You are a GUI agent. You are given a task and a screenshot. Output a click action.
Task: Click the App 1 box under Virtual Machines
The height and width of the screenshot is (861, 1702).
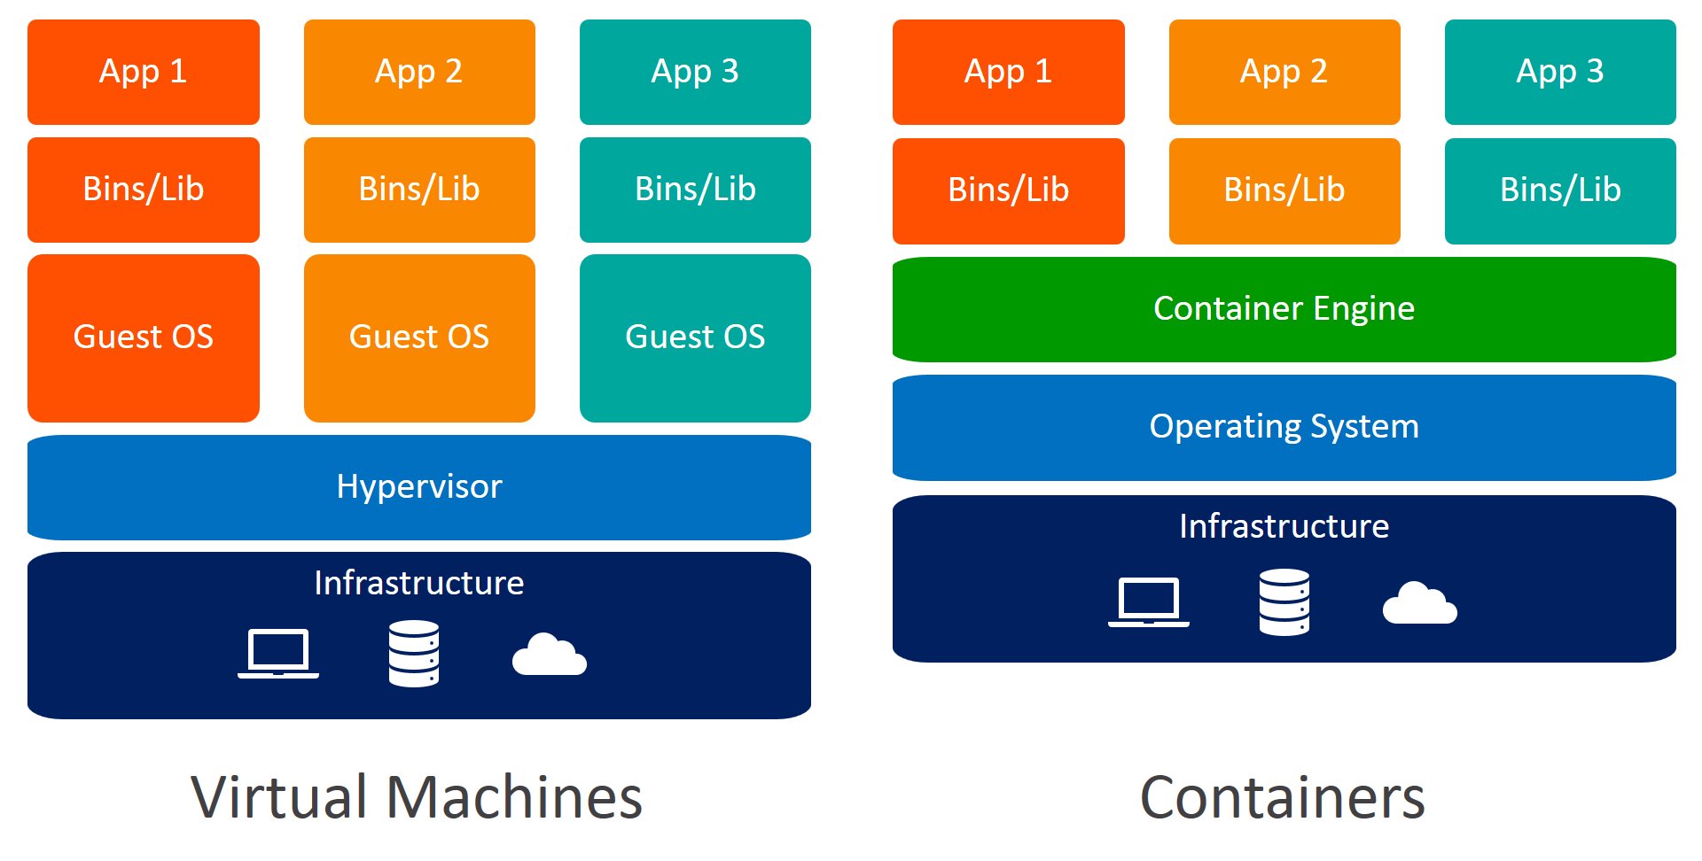click(x=143, y=72)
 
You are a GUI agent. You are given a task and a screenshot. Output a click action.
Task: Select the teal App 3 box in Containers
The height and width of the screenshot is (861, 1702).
click(x=1559, y=72)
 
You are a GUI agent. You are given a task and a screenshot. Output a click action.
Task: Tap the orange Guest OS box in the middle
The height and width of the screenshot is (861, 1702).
click(x=418, y=337)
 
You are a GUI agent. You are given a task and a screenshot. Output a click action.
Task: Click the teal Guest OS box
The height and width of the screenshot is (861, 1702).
click(x=695, y=337)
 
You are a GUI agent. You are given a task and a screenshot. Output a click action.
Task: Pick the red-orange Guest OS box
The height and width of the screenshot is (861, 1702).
click(x=143, y=337)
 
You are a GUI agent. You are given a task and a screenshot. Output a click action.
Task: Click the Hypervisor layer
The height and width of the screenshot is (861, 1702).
click(x=418, y=487)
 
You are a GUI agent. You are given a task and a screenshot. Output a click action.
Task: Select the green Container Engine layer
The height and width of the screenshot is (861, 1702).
click(x=1284, y=309)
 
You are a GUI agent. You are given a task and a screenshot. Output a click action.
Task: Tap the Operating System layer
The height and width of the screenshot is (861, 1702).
click(x=1284, y=427)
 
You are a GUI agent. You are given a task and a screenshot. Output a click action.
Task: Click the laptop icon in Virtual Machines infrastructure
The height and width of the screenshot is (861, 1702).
click(x=278, y=654)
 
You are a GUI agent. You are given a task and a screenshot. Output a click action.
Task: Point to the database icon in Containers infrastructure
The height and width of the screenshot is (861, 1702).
click(x=1284, y=602)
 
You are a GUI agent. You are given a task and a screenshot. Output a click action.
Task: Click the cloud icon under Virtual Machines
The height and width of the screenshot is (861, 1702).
click(x=550, y=655)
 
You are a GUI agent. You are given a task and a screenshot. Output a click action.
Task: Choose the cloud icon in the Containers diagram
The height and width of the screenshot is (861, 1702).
click(x=1419, y=604)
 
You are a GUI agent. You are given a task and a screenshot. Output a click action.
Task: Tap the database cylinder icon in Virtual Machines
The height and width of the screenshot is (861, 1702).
click(x=414, y=654)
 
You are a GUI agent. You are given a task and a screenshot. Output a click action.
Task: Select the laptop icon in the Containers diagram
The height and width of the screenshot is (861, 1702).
click(x=1149, y=602)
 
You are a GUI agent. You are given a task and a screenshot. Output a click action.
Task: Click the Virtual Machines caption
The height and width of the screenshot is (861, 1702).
click(x=417, y=797)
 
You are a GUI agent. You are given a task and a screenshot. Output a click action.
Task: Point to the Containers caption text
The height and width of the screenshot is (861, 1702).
click(x=1282, y=797)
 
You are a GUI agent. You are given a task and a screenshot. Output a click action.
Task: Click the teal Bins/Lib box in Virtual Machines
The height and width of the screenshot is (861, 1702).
click(x=695, y=190)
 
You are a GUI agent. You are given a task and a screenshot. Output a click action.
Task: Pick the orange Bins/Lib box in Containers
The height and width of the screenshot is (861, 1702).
click(x=1284, y=190)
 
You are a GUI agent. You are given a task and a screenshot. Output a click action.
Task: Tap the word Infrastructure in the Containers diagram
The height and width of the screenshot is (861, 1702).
click(x=1284, y=526)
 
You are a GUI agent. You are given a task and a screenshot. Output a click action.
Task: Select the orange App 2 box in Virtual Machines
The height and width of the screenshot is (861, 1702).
click(x=418, y=72)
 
